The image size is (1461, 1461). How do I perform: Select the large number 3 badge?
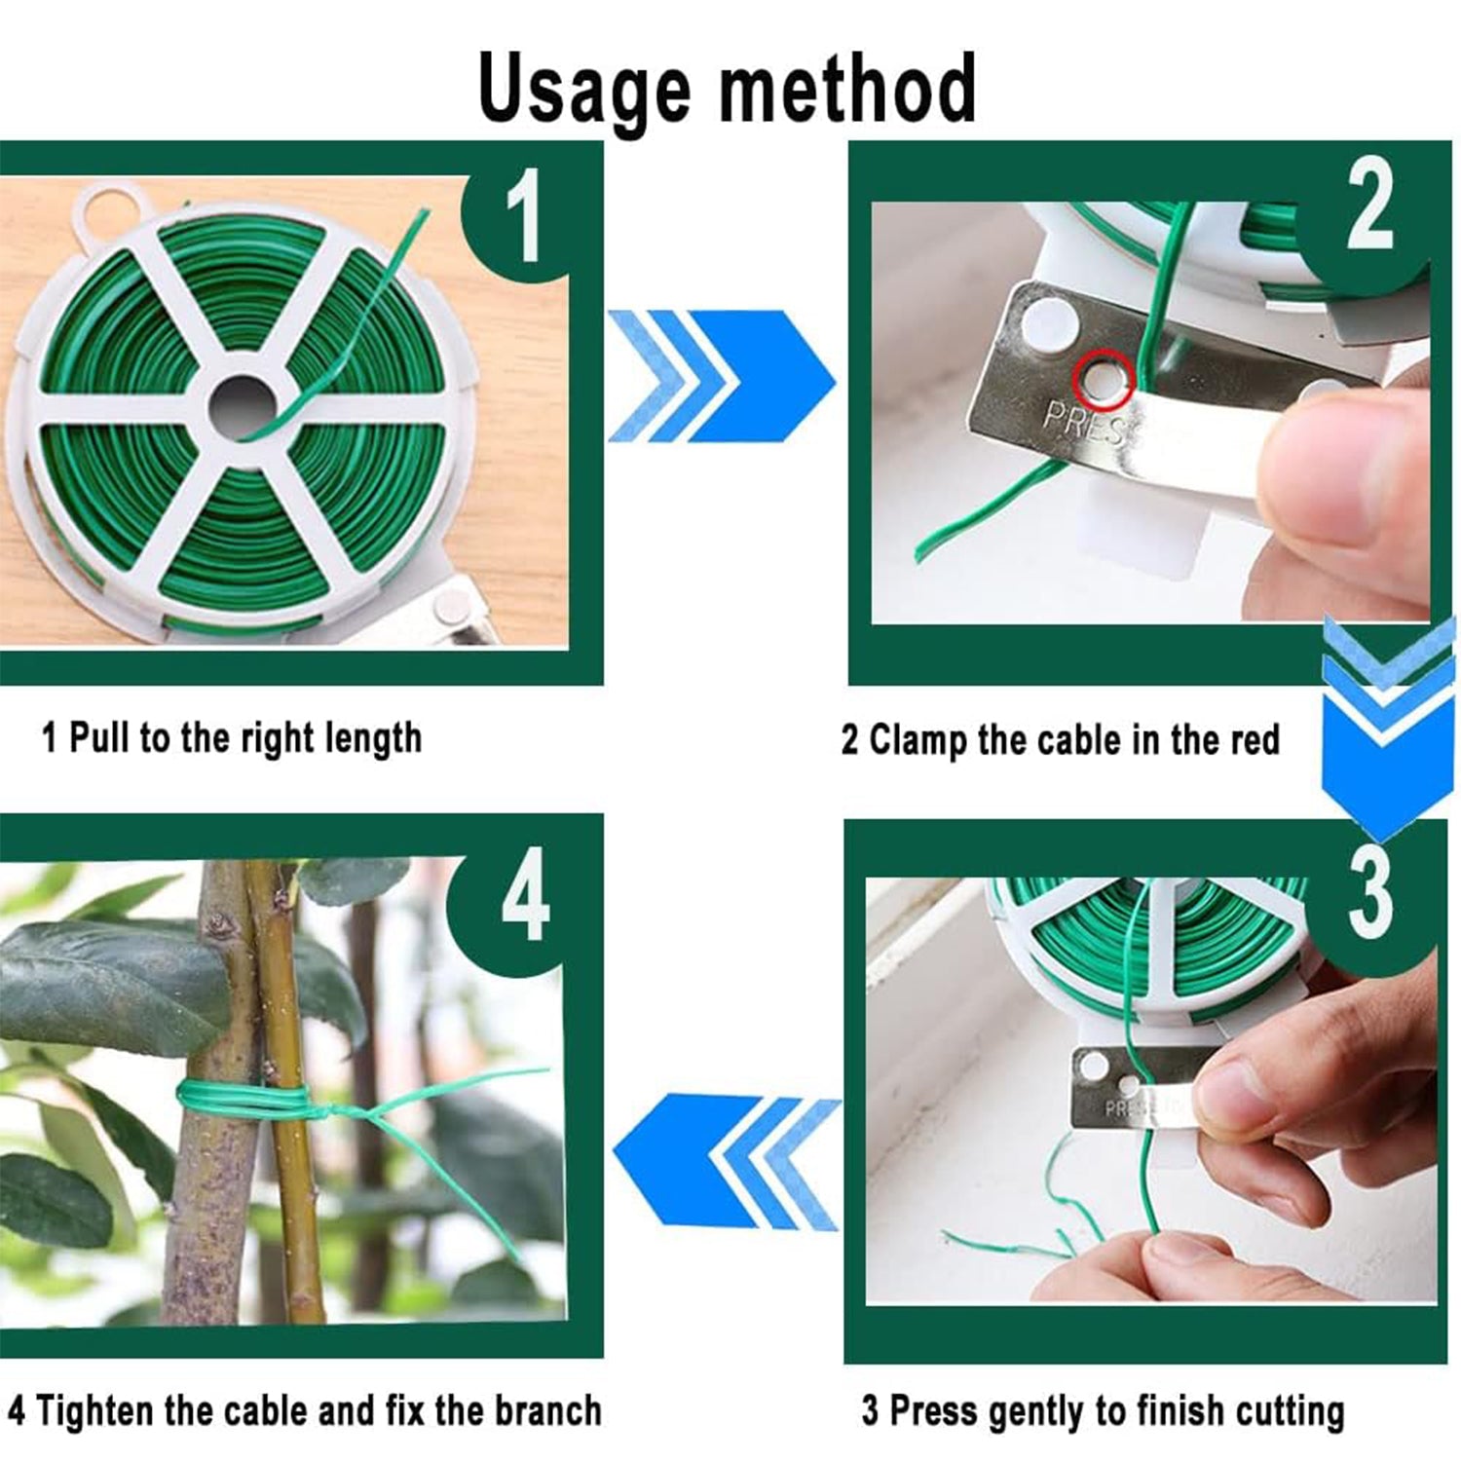[1369, 891]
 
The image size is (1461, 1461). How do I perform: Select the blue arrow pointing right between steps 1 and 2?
[721, 375]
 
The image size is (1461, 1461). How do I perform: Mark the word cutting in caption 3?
[1290, 1411]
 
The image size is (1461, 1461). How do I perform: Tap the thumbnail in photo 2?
[1310, 458]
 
